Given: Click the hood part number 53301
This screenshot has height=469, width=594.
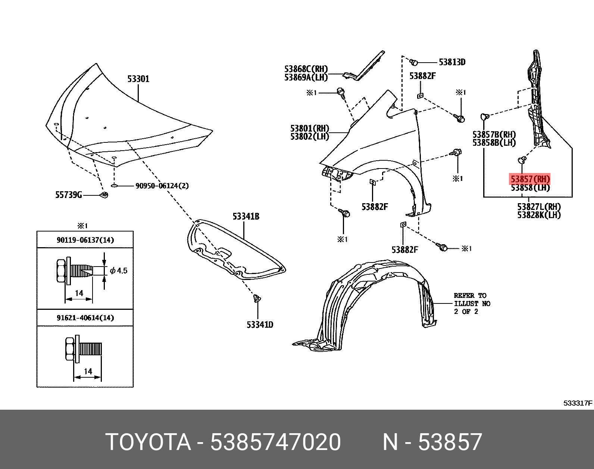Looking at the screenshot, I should [138, 79].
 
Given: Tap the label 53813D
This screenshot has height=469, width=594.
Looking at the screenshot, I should [452, 62].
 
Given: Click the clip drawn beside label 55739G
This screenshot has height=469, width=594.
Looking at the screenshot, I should [105, 195].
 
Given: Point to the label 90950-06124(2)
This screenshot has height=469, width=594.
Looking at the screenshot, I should [162, 186].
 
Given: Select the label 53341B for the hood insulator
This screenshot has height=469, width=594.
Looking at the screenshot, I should [246, 216].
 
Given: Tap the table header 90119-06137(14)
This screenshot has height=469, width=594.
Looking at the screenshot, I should [85, 240].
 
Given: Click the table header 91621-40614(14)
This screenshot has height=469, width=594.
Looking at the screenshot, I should [85, 318].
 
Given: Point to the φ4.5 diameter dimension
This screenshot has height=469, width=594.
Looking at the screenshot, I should [119, 271].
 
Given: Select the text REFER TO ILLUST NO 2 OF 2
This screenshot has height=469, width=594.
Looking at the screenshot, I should [472, 303].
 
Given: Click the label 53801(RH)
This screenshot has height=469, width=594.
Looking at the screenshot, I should [310, 128].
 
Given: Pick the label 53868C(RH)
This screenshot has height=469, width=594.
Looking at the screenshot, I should [306, 69].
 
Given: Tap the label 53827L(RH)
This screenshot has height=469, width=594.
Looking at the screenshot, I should [539, 207].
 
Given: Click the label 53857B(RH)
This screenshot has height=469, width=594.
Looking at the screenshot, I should [494, 135].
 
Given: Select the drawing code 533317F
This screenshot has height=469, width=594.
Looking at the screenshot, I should [578, 403].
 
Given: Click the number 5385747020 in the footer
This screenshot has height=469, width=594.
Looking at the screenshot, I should [275, 442].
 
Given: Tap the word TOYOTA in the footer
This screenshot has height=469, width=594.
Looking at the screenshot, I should [148, 442].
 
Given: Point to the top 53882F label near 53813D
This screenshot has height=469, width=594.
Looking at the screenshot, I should [422, 76].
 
